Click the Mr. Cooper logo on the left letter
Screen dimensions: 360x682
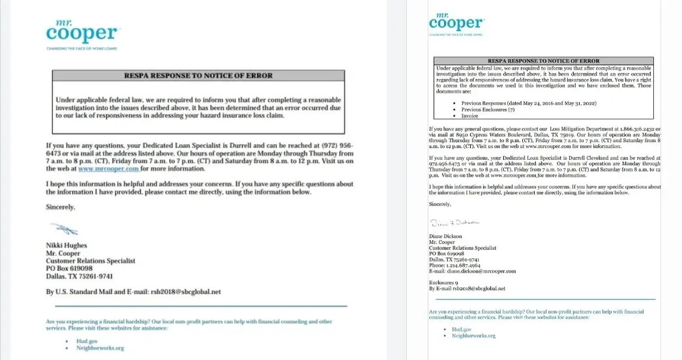click(82, 31)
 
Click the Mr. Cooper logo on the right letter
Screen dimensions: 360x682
click(456, 22)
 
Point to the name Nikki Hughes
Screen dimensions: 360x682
click(66, 246)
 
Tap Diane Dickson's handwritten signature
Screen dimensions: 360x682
click(455, 223)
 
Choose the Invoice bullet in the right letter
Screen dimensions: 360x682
click(469, 115)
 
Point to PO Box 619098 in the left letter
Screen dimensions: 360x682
click(69, 268)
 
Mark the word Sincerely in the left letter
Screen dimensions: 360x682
click(61, 207)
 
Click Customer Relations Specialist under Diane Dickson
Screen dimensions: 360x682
click(462, 248)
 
